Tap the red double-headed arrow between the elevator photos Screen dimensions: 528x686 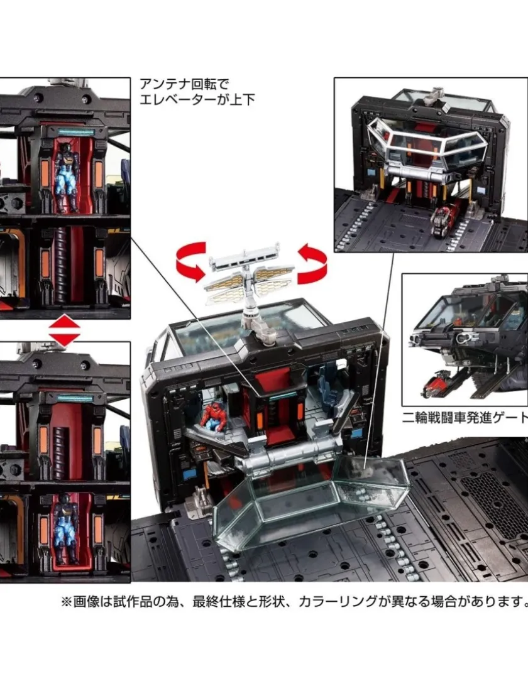[x=64, y=330]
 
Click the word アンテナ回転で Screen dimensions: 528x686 [x=184, y=84]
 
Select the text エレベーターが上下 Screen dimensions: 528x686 [x=197, y=100]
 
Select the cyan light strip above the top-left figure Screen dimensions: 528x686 [x=75, y=131]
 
